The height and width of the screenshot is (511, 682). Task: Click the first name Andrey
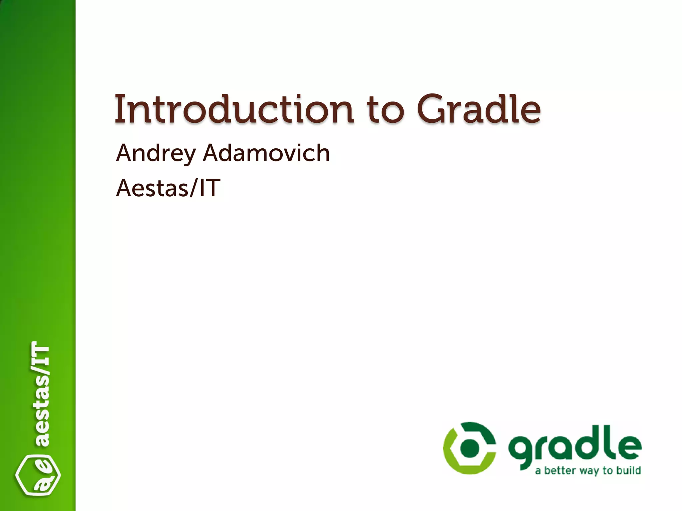[x=156, y=153]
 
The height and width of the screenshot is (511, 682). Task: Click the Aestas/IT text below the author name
[x=168, y=188]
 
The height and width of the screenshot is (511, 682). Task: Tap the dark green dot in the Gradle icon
[x=469, y=448]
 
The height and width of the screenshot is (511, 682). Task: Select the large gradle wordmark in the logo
[x=574, y=446]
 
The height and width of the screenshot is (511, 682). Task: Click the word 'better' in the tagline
[x=560, y=470]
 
